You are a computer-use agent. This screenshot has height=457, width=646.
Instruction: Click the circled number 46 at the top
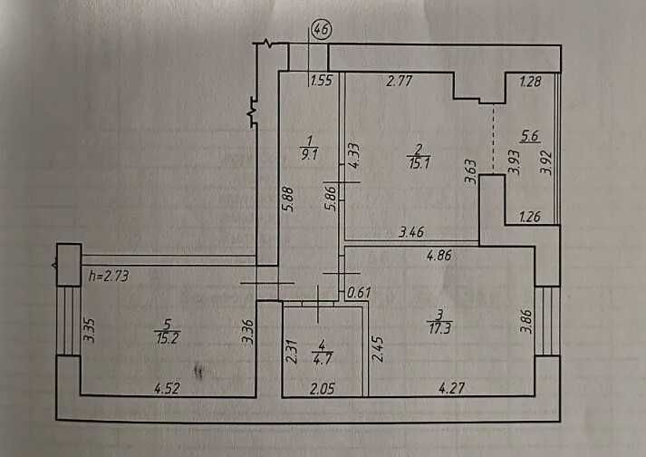tap(322, 30)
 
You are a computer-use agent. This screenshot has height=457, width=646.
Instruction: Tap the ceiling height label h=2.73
tap(109, 276)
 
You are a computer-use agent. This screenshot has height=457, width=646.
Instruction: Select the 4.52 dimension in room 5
tap(167, 388)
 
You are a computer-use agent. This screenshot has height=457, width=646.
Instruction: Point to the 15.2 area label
tap(168, 338)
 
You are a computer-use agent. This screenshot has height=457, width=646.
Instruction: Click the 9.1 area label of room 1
tap(309, 155)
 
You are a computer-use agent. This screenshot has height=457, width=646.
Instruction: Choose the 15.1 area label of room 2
tap(419, 163)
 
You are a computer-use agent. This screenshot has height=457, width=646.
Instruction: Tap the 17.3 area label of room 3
tap(439, 328)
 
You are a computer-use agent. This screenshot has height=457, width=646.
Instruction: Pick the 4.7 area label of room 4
tap(323, 358)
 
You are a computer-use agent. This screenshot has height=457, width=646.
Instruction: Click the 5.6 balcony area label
tap(530, 136)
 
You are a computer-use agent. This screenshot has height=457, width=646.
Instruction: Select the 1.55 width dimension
tap(322, 80)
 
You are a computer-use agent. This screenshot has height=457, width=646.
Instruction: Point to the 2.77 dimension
tap(400, 81)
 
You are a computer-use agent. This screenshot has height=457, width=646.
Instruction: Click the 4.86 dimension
tap(439, 256)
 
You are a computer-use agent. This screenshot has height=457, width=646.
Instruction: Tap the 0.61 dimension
tap(359, 293)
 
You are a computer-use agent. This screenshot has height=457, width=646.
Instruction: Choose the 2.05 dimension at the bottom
tap(323, 388)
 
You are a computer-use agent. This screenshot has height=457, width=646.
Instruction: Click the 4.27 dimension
tap(451, 388)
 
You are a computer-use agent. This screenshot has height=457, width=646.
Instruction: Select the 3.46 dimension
tap(411, 232)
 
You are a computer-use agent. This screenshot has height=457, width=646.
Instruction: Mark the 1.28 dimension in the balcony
tap(530, 82)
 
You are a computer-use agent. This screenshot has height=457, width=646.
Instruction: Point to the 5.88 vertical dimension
tap(288, 199)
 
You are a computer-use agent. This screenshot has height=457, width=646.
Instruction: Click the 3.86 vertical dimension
tap(526, 321)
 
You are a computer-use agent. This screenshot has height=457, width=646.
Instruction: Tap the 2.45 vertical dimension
tap(378, 349)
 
